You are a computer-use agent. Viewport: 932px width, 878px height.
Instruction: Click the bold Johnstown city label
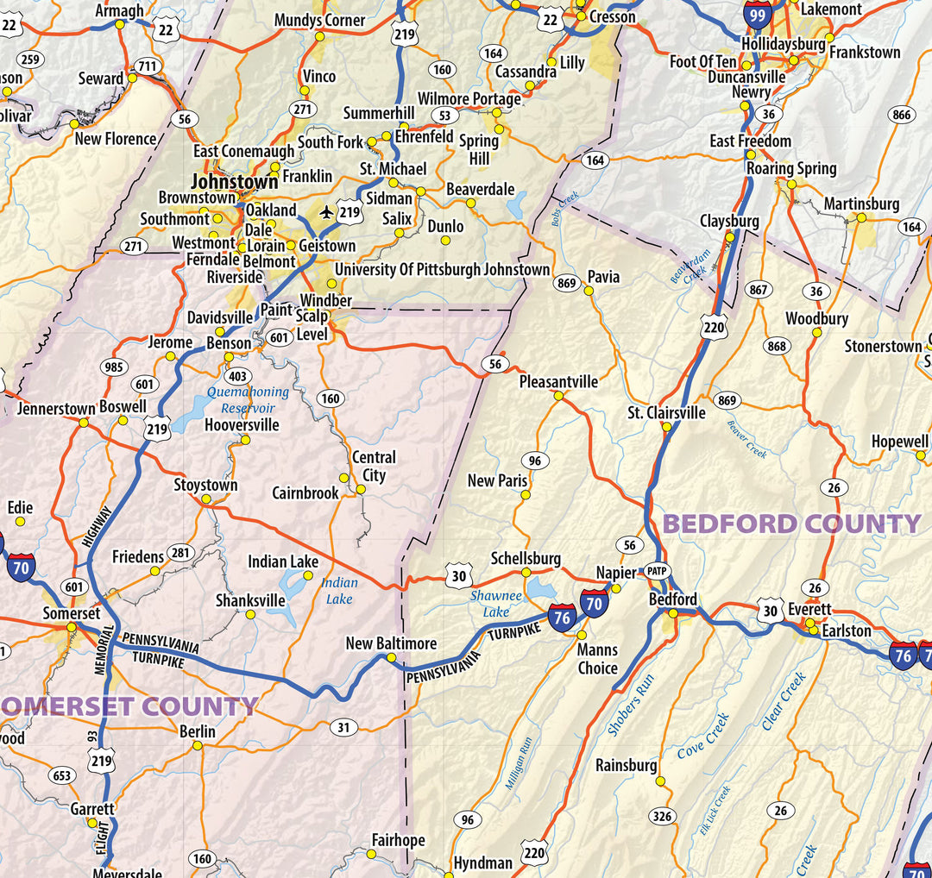pos(234,182)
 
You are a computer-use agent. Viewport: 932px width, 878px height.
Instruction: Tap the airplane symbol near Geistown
pos(326,211)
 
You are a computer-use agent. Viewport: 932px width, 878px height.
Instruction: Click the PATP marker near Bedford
pos(658,571)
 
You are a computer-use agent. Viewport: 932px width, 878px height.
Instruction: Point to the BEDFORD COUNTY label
pos(791,524)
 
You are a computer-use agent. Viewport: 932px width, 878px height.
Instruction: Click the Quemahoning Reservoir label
pos(248,400)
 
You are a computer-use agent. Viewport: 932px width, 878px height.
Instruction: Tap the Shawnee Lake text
pos(496,604)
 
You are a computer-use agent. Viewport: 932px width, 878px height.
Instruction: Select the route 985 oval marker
pos(114,367)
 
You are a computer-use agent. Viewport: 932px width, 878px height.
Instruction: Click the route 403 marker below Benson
pos(237,376)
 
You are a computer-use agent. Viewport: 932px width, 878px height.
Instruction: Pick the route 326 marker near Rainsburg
pos(662,816)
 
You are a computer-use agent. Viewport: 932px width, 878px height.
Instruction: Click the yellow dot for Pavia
pos(589,291)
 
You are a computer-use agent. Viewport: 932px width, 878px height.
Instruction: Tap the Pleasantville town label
pos(558,381)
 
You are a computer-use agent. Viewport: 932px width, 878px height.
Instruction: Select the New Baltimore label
pos(391,643)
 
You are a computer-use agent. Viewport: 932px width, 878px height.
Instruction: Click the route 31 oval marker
pos(343,728)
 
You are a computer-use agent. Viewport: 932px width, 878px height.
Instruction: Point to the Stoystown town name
pos(205,485)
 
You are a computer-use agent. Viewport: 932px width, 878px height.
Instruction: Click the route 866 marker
pos(902,116)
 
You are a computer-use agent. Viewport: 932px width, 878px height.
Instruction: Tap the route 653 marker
pos(62,775)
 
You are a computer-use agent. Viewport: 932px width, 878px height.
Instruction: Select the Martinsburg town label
pos(860,204)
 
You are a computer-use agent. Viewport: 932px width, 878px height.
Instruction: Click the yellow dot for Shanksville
pos(250,615)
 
